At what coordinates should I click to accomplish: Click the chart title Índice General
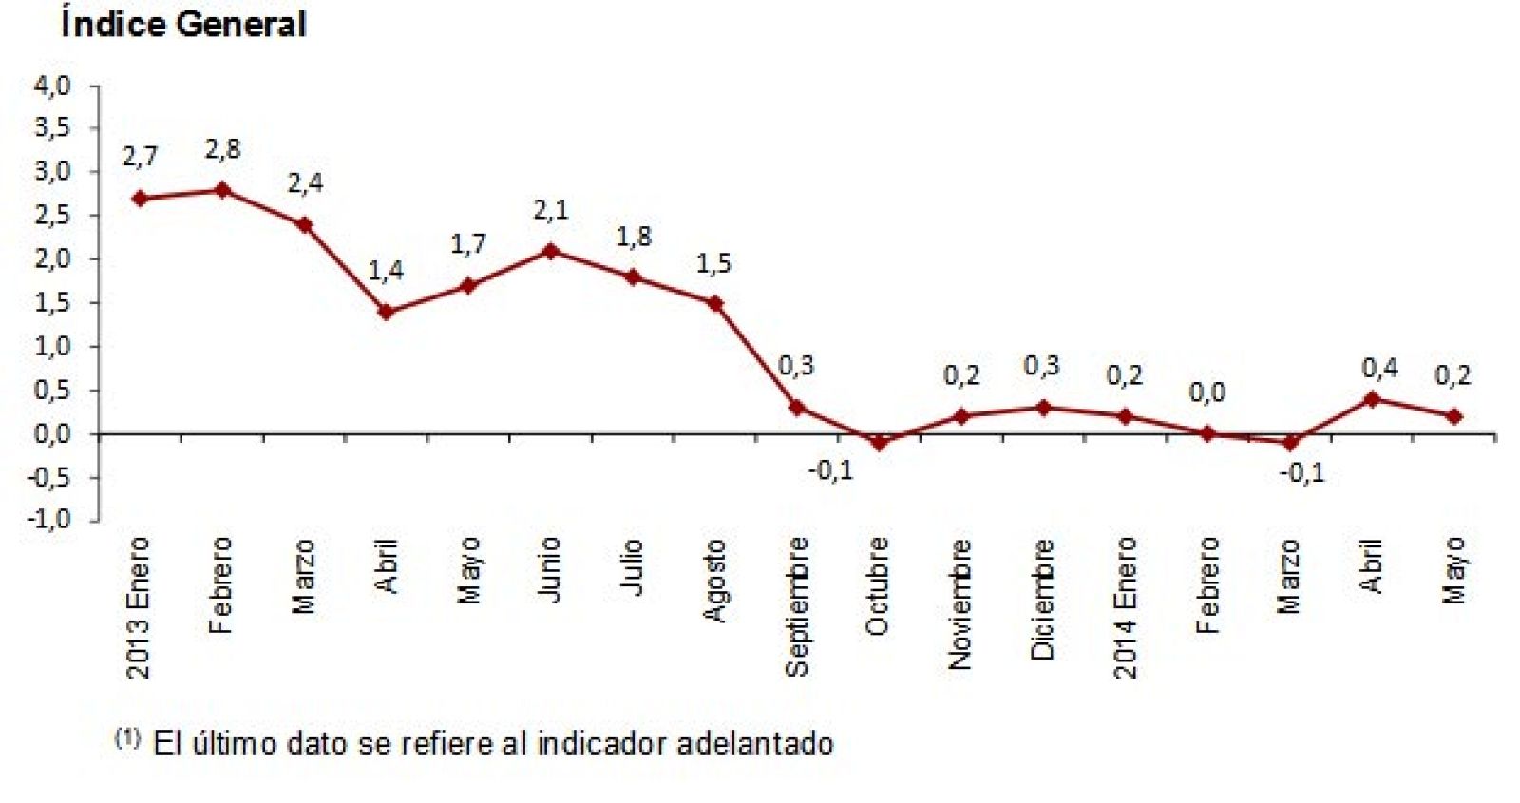point(183,24)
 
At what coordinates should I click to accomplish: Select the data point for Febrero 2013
point(222,190)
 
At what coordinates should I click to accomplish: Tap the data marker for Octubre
point(879,443)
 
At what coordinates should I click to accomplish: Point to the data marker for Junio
point(550,251)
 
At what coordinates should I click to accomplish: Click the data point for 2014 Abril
point(1371,399)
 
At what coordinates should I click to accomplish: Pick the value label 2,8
point(222,149)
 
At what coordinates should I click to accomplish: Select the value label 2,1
point(550,210)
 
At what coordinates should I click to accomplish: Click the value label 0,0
point(1206,392)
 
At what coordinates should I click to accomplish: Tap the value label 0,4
point(1379,368)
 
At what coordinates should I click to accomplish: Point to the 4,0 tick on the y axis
point(52,86)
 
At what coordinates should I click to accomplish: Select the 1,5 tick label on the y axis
point(52,302)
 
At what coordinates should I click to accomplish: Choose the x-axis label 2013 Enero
point(139,608)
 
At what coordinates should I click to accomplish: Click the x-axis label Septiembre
point(797,606)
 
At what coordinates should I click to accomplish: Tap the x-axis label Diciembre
point(1043,599)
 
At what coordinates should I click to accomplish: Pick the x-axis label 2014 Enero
point(1125,608)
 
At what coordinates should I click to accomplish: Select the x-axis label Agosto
point(714,581)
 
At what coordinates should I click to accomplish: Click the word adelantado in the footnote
point(755,743)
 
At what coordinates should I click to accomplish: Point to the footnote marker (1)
point(127,737)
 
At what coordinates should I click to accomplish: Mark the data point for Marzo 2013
point(304,224)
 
